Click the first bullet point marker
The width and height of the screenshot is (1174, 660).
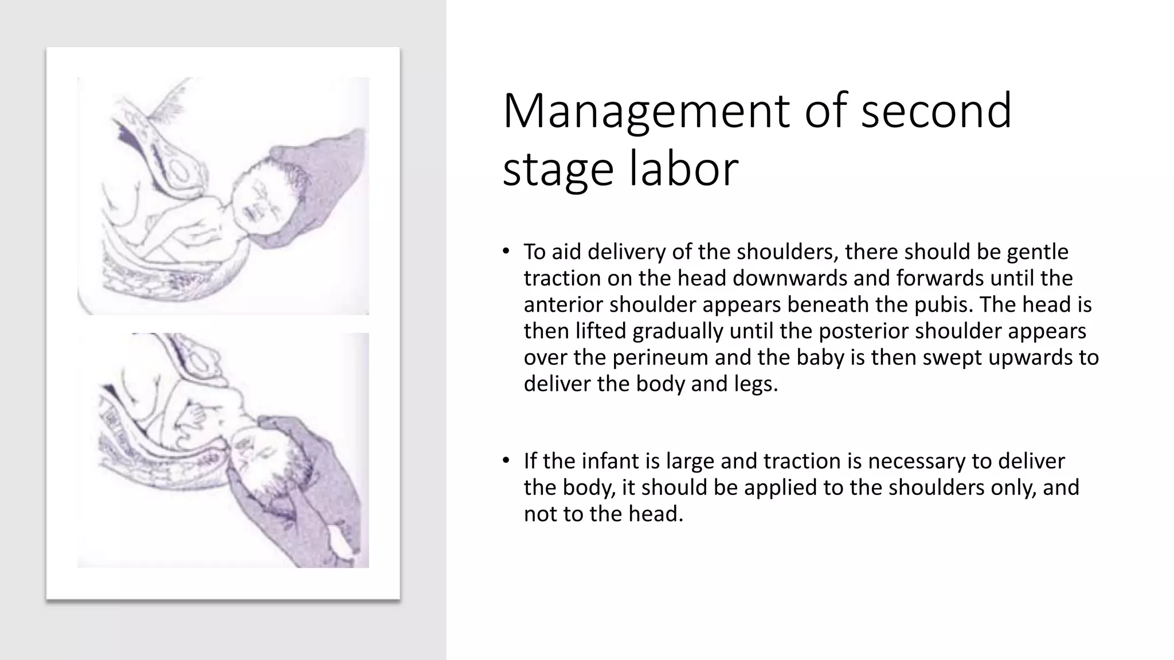(x=505, y=251)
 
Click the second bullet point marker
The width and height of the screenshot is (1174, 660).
(x=505, y=461)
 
